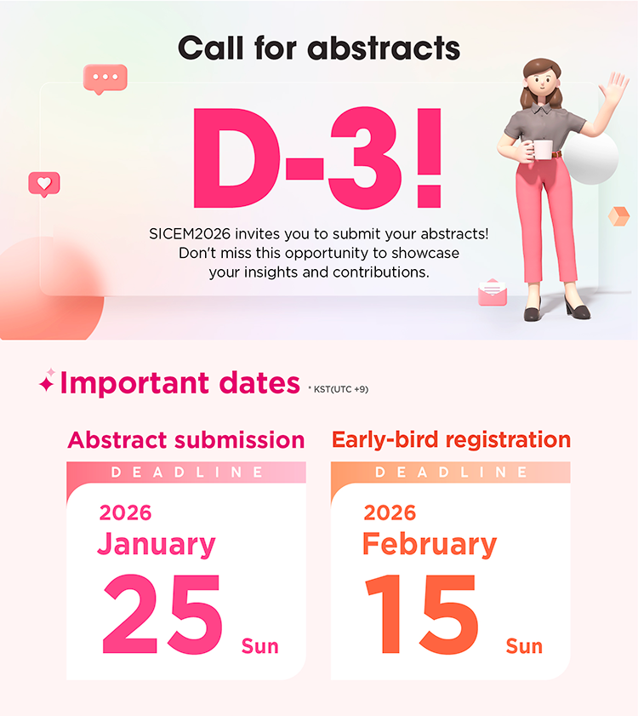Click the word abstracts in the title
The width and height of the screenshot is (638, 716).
coord(384,49)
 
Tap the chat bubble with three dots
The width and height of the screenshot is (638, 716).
coord(105,78)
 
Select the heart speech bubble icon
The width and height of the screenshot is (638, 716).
coord(44,184)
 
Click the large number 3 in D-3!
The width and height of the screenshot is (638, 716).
coord(365,158)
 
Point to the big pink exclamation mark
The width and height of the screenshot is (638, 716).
coord(429,158)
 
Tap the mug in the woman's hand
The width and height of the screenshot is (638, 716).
coord(542,150)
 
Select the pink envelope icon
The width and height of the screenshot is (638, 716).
coord(493,292)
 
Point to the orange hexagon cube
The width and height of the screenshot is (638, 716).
coord(619,216)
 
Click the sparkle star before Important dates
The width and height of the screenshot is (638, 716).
coord(47,381)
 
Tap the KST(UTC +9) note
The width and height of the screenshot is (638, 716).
coord(340,389)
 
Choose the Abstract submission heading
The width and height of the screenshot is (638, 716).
coord(186,440)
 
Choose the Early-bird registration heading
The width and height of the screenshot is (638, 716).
coord(452,440)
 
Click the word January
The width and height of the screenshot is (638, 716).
coord(157,544)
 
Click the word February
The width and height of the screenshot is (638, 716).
coord(430,544)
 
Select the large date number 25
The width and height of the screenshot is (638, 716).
coord(162,614)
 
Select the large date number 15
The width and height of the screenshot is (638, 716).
coord(422,614)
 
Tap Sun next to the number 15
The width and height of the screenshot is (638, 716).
coord(524,646)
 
